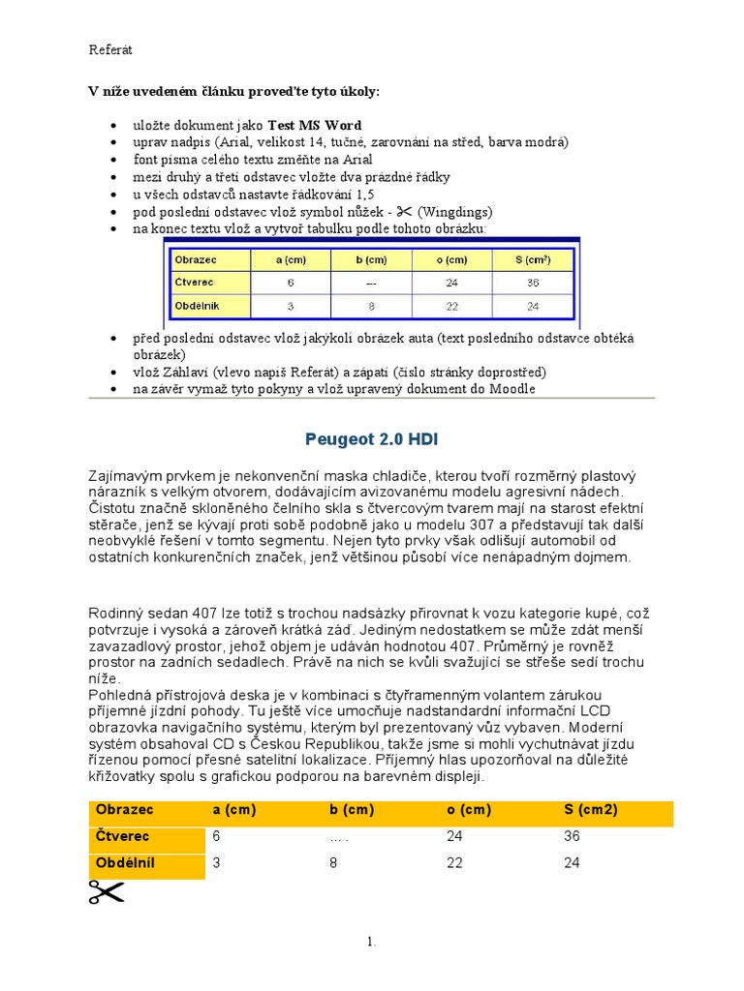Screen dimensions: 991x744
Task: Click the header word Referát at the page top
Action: click(110, 48)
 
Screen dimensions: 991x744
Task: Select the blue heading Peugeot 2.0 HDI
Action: click(371, 439)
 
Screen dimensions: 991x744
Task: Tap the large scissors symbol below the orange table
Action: click(108, 892)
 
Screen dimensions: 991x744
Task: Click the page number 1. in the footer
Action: click(371, 942)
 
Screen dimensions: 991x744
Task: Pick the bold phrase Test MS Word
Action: click(314, 125)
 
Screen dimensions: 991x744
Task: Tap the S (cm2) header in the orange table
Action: click(591, 810)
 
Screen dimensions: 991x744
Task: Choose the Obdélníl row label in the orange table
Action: click(125, 862)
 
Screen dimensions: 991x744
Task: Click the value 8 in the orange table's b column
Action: click(333, 862)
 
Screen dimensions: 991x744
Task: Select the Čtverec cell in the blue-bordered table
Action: click(195, 283)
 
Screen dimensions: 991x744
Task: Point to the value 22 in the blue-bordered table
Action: click(451, 306)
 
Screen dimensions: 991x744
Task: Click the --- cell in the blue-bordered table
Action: click(371, 284)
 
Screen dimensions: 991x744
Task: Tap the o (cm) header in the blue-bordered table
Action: click(451, 259)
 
